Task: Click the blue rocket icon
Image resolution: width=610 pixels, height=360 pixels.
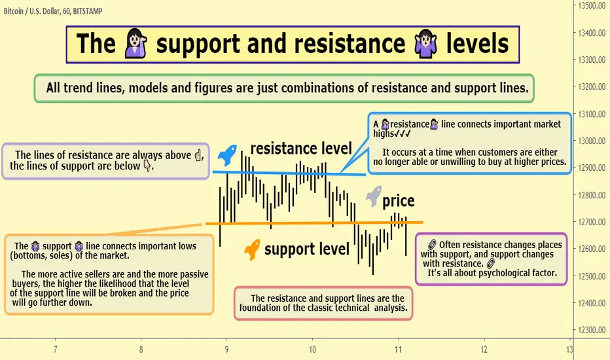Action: coord(227,155)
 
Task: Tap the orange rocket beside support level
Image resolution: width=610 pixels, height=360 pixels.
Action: coord(252,249)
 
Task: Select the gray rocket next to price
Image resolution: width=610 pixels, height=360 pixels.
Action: coord(374,196)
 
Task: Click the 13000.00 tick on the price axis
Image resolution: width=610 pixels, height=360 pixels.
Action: coord(591,141)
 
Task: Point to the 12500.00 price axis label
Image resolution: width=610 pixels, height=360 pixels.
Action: coord(591,276)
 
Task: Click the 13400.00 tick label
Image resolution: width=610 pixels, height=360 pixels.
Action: coord(591,33)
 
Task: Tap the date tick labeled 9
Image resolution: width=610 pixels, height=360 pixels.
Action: coord(226,350)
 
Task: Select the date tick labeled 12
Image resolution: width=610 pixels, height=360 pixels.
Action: coord(484,350)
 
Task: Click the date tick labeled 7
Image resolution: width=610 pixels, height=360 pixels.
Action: coord(55,350)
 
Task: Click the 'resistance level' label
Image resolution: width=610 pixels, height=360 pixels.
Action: coord(301,149)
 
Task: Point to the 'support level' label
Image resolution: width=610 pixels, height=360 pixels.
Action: coord(307,249)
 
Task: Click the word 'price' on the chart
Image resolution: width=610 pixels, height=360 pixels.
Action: coord(399,201)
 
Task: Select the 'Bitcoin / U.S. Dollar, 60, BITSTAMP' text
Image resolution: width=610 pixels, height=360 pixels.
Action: coord(53,11)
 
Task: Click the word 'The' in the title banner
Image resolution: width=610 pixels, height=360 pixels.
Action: coord(96,43)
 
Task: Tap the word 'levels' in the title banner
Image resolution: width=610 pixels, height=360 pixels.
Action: coord(477,43)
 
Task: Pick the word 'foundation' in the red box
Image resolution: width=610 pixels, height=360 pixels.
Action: coord(260,308)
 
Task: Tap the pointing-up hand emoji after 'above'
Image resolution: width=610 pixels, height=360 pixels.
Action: coord(198,155)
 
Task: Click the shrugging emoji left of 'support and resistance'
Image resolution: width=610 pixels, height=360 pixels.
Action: coord(135,43)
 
